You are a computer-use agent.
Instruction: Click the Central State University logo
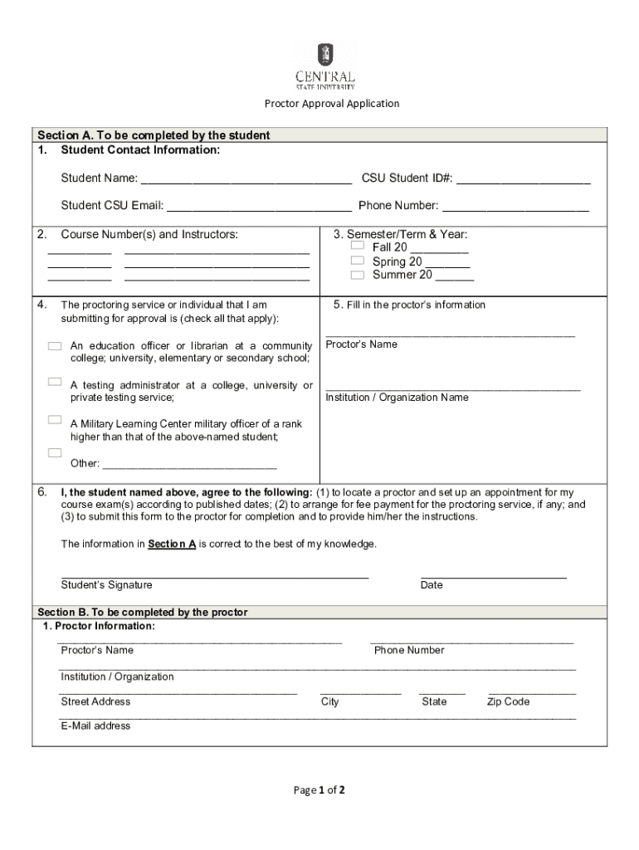pos(325,67)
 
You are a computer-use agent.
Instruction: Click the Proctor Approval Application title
pos(331,104)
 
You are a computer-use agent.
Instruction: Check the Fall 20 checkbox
pos(357,247)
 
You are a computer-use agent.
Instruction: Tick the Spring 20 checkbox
pos(357,261)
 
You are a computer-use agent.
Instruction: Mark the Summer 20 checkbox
pos(357,275)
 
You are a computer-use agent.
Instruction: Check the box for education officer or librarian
pos(55,344)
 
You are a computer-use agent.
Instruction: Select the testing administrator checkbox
pos(55,382)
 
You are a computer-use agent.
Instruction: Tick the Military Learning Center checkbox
pos(55,420)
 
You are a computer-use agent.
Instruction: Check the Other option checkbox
pos(55,452)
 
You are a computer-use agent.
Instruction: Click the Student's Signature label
pos(106,585)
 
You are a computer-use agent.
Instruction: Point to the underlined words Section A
pos(172,545)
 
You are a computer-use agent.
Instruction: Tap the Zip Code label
pos(508,702)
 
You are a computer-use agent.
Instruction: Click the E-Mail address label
pos(95,726)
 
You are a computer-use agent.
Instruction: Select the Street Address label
pos(95,702)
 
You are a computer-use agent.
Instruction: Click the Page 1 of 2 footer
pos(319,790)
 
